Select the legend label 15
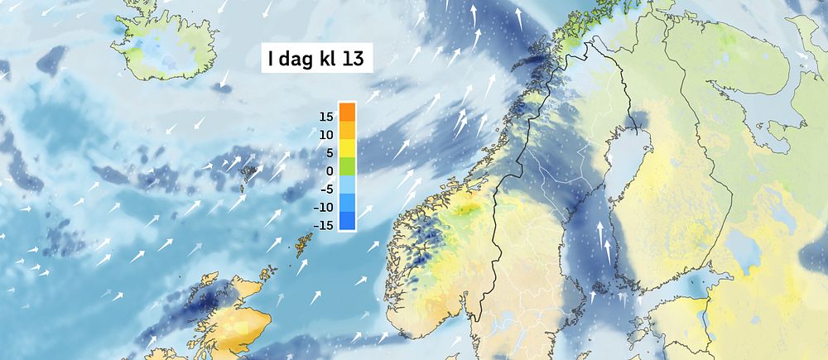click(x=326, y=116)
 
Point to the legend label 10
click(x=326, y=134)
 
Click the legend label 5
click(x=330, y=152)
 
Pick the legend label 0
click(x=330, y=170)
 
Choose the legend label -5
click(x=328, y=189)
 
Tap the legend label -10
click(x=325, y=207)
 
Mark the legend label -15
click(x=325, y=225)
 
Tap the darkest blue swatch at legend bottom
click(x=347, y=221)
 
